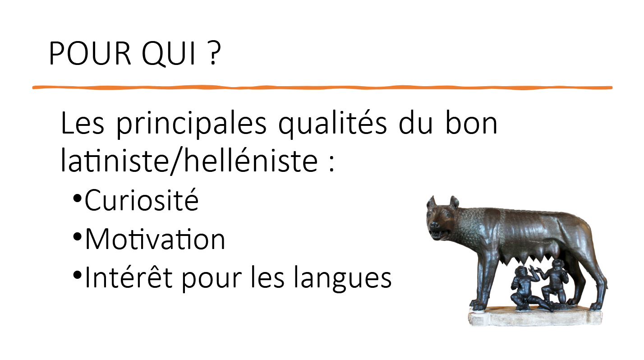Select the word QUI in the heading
pyautogui.click(x=169, y=54)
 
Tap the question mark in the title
pyautogui.click(x=213, y=53)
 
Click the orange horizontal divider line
pyautogui.click(x=322, y=88)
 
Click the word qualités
pyautogui.click(x=333, y=124)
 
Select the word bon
pyautogui.click(x=471, y=123)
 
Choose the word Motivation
pyautogui.click(x=155, y=239)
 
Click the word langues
pyautogui.click(x=342, y=278)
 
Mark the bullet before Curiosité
pyautogui.click(x=77, y=198)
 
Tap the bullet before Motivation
pyautogui.click(x=77, y=237)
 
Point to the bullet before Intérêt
pyautogui.click(x=77, y=275)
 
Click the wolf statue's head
pyautogui.click(x=442, y=218)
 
